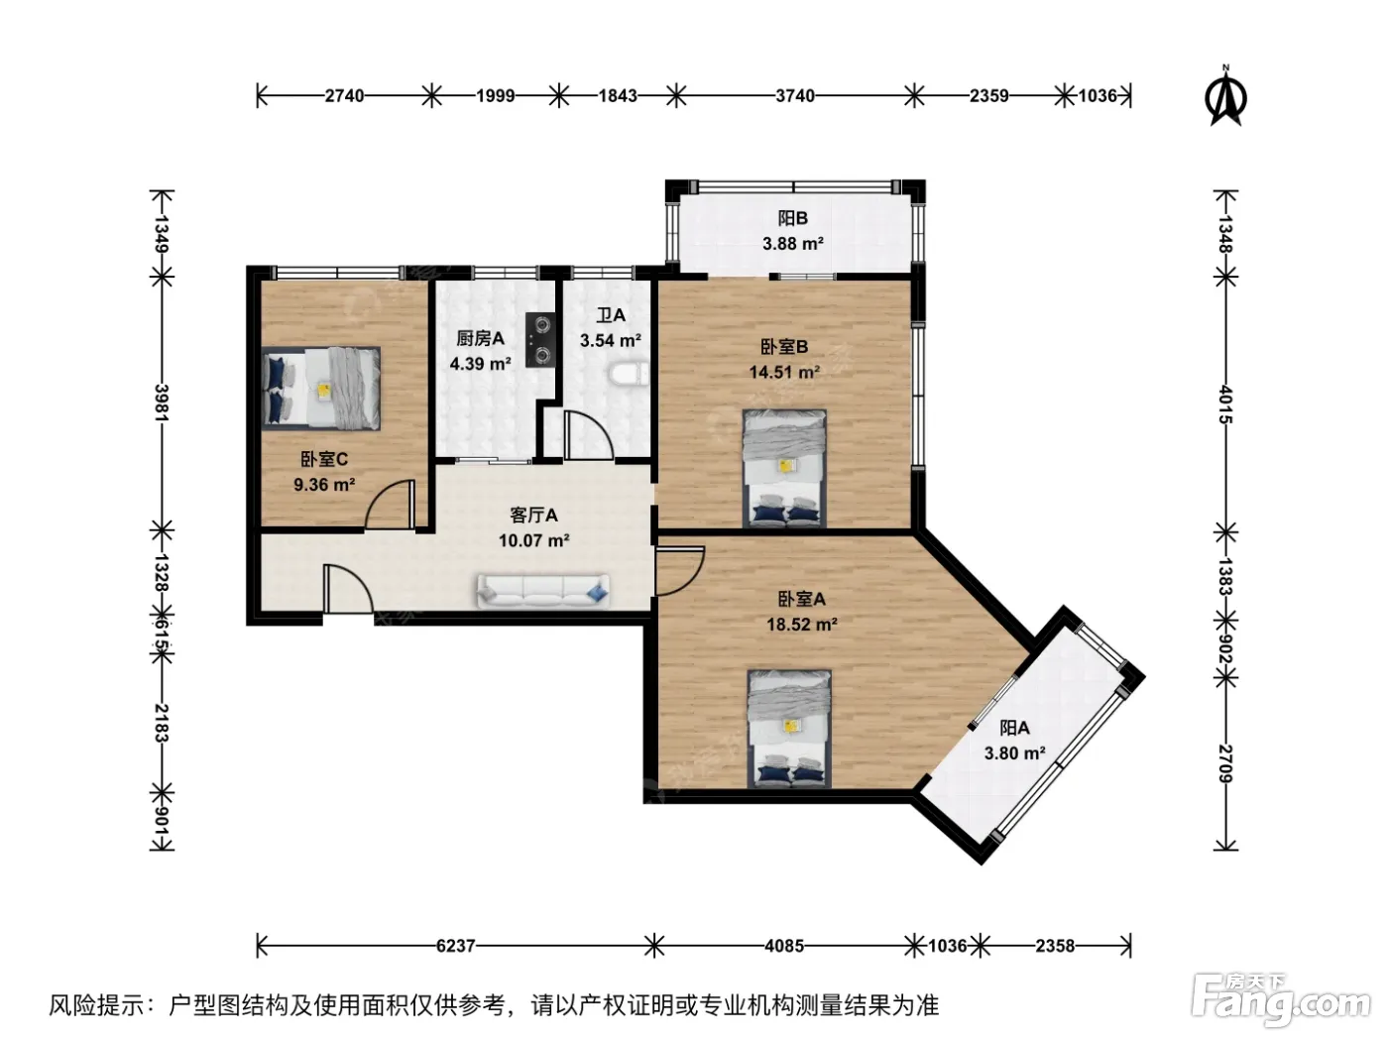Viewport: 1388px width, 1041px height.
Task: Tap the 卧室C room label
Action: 324,459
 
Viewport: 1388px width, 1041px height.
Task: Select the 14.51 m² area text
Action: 784,373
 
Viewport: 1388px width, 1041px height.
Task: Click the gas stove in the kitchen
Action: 540,340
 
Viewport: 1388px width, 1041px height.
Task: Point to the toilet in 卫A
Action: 629,374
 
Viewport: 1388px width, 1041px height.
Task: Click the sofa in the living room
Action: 542,592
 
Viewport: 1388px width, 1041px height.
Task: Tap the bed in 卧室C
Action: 321,388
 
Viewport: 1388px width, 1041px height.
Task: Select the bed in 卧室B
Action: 784,468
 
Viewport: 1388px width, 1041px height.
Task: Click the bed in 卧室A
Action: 789,729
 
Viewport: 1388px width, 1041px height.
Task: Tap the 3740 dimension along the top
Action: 795,96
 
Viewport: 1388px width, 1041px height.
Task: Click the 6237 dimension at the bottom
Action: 455,946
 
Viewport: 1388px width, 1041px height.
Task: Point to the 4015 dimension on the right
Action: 1225,405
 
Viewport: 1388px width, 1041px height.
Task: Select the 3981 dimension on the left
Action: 162,403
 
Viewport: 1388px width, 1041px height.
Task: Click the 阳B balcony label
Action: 792,219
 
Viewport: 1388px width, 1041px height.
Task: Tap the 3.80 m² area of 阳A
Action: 1014,753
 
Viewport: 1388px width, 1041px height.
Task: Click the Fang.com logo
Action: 1281,1000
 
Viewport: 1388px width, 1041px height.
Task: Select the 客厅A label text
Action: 533,516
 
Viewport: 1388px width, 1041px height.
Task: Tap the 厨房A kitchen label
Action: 481,339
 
